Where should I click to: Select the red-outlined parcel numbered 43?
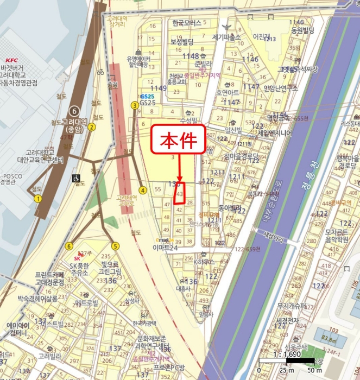click(x=180, y=193)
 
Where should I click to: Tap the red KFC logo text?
click(x=11, y=60)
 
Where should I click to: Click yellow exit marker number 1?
click(x=38, y=199)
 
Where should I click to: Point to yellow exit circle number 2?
click(x=92, y=128)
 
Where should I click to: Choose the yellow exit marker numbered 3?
click(x=134, y=105)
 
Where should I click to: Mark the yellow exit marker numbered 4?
click(x=142, y=190)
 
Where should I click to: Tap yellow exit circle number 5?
click(x=115, y=245)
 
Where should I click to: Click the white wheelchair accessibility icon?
click(x=76, y=178)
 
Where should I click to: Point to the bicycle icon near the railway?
click(x=101, y=71)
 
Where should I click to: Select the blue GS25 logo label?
click(x=147, y=96)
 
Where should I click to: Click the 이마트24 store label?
click(x=166, y=248)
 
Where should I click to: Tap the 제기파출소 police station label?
click(x=226, y=37)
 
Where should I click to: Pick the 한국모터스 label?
click(x=186, y=23)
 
